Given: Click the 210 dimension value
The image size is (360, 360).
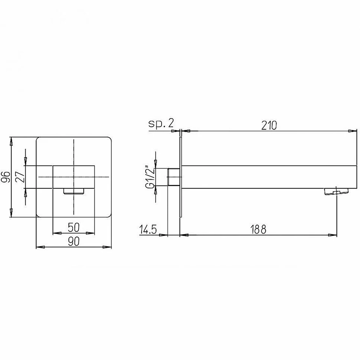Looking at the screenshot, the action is [x=269, y=125].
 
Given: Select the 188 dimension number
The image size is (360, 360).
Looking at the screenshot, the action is [x=258, y=229].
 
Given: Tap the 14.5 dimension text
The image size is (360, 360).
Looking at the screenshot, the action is [x=148, y=229].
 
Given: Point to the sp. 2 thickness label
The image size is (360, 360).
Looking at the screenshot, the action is [x=161, y=123].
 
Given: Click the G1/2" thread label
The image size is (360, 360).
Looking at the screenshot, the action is [x=150, y=177].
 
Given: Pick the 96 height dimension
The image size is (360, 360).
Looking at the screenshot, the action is [x=6, y=177].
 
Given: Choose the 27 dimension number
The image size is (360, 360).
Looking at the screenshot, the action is [x=20, y=176].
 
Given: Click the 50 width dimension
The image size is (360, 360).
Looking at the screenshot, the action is [x=74, y=227].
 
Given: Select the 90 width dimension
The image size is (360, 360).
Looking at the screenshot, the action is [x=74, y=241].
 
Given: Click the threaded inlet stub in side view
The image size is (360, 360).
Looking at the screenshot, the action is [x=174, y=177].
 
